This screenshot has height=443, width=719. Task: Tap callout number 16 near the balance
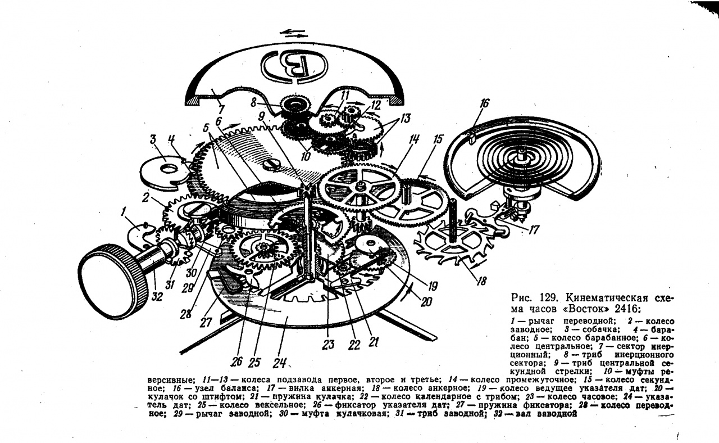[484, 103]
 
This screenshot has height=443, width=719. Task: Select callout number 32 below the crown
[157, 296]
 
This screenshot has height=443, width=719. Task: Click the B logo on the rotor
[294, 65]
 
